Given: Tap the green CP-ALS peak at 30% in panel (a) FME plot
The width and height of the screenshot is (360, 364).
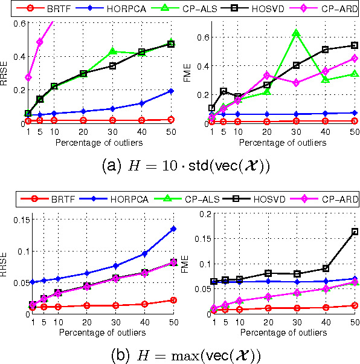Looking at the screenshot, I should (x=296, y=33).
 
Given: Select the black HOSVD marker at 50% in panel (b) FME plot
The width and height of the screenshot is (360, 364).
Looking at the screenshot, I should (x=355, y=232).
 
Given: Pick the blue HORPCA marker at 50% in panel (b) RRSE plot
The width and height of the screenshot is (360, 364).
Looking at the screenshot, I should (x=174, y=229).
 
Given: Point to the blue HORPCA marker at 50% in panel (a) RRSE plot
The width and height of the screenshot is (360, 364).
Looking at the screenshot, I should (x=171, y=91).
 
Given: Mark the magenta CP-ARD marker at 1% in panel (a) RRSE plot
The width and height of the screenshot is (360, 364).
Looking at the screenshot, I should (x=28, y=77).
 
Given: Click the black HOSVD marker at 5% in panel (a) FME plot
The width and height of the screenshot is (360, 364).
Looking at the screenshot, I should (x=223, y=91).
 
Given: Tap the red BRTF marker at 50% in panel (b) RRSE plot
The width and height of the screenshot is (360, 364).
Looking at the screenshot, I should (x=174, y=300).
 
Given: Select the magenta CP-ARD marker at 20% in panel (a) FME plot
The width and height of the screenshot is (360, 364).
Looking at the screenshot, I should (x=266, y=75).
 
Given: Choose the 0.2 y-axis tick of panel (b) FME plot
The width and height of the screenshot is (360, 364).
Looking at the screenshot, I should (x=202, y=213).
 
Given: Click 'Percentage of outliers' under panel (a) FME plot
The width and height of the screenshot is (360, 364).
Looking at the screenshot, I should (x=281, y=143).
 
